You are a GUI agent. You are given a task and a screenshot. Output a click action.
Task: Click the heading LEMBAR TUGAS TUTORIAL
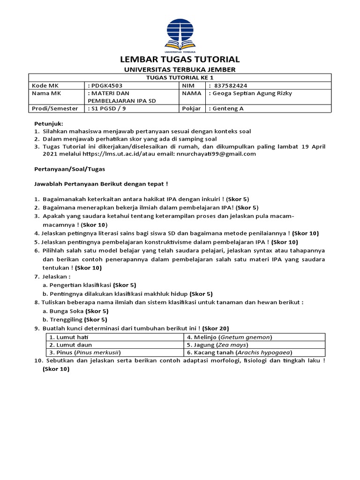pyautogui.click(x=180, y=60)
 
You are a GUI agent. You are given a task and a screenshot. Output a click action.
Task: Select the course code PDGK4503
pyautogui.click(x=107, y=86)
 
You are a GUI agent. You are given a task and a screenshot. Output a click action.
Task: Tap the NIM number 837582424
pyautogui.click(x=230, y=86)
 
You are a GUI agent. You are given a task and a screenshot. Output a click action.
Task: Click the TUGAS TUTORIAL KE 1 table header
pyautogui.click(x=180, y=78)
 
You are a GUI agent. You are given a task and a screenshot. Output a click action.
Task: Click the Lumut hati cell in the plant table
pyautogui.click(x=69, y=337)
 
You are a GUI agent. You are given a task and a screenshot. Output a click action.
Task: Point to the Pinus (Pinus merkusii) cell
pyautogui.click(x=85, y=352)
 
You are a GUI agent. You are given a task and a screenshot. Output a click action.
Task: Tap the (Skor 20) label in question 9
pyautogui.click(x=215, y=328)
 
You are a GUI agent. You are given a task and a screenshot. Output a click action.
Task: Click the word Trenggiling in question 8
pyautogui.click(x=66, y=319)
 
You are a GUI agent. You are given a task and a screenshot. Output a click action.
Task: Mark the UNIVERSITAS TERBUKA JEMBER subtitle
pyautogui.click(x=180, y=69)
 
